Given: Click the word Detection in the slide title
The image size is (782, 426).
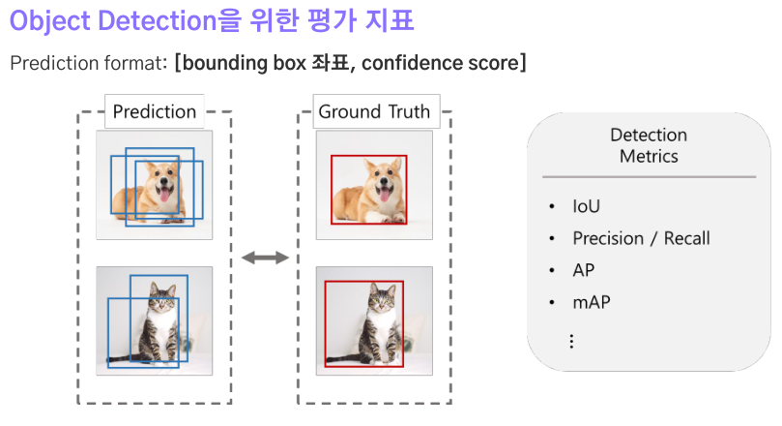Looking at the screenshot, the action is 158,21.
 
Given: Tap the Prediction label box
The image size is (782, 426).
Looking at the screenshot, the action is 155,111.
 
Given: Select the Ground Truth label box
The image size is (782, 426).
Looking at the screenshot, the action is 377,111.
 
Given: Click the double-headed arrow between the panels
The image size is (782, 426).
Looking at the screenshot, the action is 265,258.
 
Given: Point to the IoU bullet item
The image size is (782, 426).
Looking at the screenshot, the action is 586,206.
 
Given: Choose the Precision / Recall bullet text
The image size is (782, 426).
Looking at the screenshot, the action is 641,238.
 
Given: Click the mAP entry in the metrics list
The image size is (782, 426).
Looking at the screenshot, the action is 592,302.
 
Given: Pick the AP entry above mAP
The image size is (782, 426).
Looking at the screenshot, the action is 584,270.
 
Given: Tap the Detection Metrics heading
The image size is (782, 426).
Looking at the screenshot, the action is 649,145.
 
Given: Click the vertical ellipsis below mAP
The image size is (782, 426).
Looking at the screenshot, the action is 571,341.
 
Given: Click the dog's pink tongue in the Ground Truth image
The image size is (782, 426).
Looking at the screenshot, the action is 384,195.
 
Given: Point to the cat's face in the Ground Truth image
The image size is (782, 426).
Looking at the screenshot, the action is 382,299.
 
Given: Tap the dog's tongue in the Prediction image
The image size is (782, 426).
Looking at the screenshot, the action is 164,195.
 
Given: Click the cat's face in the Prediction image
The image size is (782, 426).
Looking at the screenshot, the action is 162,299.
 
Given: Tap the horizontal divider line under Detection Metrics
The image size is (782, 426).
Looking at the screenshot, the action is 649,177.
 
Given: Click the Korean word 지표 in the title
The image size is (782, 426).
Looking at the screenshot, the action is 390,21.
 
